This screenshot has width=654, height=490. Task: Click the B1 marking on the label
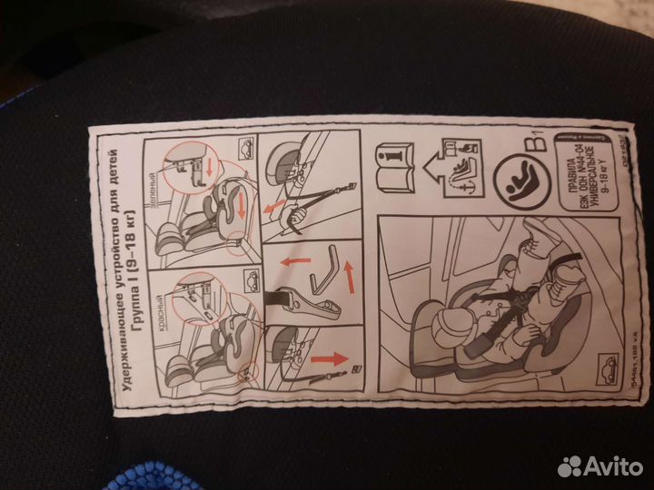[x=539, y=142]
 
